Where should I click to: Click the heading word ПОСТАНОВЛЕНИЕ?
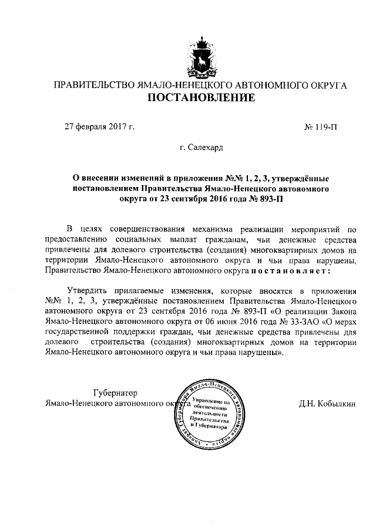click(x=201, y=98)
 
